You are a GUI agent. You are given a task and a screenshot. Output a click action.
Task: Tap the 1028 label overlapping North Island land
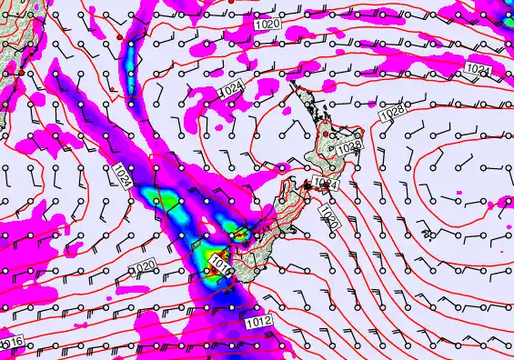349,146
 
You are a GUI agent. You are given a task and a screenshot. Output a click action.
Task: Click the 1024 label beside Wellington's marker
327,185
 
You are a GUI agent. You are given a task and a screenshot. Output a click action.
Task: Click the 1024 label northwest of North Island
233,88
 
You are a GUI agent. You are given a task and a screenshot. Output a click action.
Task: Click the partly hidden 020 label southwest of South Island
145,265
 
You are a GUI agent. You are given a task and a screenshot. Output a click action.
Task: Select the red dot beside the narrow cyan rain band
119,35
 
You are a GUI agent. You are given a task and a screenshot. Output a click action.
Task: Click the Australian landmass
13,36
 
